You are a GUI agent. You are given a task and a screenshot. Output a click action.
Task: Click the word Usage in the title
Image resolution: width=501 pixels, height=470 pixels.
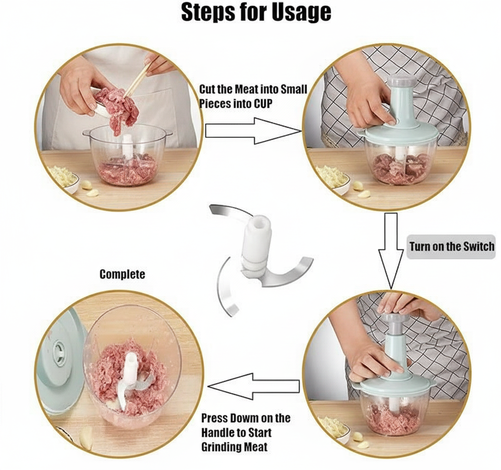tap(301, 13)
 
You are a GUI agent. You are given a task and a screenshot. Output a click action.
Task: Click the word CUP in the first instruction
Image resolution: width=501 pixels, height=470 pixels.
tap(263, 104)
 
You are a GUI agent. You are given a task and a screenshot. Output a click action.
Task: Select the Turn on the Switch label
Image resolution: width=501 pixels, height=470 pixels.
tap(452, 247)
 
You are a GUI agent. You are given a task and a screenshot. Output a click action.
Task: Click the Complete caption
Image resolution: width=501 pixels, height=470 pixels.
tap(122, 274)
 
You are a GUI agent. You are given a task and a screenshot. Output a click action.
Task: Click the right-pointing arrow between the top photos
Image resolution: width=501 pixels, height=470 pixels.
tap(253, 131)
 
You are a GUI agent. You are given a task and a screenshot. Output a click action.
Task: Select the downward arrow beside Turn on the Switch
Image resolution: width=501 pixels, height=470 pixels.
tap(391, 251)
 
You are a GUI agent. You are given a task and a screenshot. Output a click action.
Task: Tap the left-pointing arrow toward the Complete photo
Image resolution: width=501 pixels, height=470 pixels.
tap(253, 387)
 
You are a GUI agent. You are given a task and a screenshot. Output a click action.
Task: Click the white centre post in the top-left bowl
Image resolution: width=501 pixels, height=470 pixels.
tap(128, 146)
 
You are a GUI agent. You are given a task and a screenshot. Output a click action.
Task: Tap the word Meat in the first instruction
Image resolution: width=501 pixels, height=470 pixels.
tap(247, 89)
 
